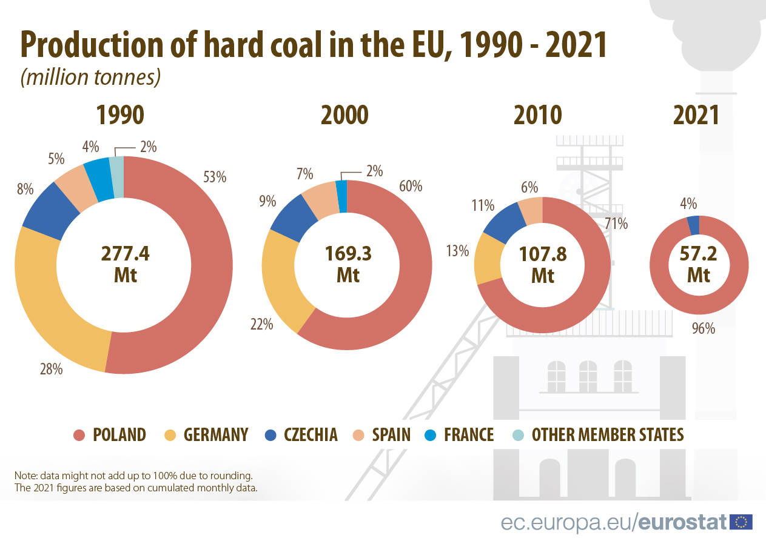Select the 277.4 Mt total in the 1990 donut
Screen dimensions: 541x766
124,264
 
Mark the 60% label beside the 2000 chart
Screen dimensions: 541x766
410,186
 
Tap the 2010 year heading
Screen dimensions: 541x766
537,115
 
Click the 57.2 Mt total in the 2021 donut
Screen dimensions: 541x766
699,264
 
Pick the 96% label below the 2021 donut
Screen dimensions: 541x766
704,328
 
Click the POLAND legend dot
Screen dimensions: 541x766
79,435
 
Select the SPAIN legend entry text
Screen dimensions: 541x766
391,435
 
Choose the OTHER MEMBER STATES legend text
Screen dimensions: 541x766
608,435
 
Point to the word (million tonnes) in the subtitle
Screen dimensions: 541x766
90,77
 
